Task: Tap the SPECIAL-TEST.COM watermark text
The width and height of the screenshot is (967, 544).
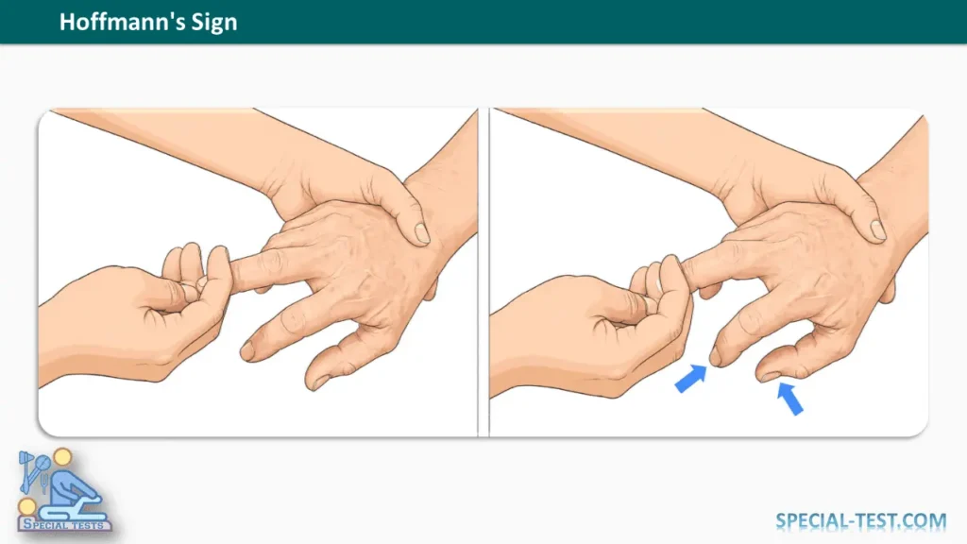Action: (860, 521)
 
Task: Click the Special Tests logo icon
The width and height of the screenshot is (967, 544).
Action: (63, 490)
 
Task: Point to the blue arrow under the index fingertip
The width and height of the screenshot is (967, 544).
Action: (690, 378)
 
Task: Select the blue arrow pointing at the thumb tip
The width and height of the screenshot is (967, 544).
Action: (790, 399)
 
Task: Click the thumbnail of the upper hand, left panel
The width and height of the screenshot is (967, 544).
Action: (422, 233)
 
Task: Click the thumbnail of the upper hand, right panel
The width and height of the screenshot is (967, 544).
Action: (878, 230)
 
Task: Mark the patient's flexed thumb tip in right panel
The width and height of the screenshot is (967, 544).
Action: (768, 374)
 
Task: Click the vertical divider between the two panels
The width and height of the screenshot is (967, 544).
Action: (483, 272)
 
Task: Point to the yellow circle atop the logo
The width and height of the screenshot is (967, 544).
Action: (62, 457)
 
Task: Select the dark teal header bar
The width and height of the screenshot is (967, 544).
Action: (483, 22)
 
